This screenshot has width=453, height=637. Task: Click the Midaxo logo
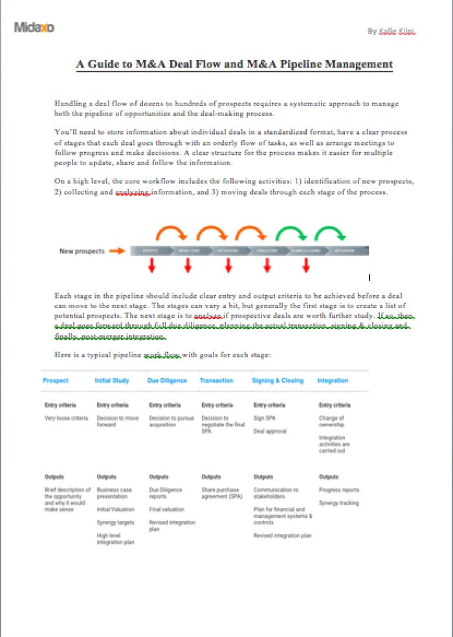pos(34,27)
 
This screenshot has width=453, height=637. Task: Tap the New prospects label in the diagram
pos(82,251)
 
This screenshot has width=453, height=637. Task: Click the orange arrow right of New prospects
pos(117,251)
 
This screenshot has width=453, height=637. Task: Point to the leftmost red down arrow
pos(151,265)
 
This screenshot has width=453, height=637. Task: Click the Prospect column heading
pos(55,381)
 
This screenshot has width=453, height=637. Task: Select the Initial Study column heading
pos(112,381)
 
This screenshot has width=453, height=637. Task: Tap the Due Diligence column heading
pos(167,381)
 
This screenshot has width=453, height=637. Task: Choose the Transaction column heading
pos(216,381)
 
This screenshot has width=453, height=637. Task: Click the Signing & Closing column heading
pos(278,381)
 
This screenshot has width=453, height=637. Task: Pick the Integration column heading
pos(333,381)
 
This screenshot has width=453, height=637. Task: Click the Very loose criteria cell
pos(66,418)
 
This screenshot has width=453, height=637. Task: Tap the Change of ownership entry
pos(332,421)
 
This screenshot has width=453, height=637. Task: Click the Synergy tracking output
pos(338,503)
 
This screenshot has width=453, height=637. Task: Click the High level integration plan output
pos(115,539)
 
